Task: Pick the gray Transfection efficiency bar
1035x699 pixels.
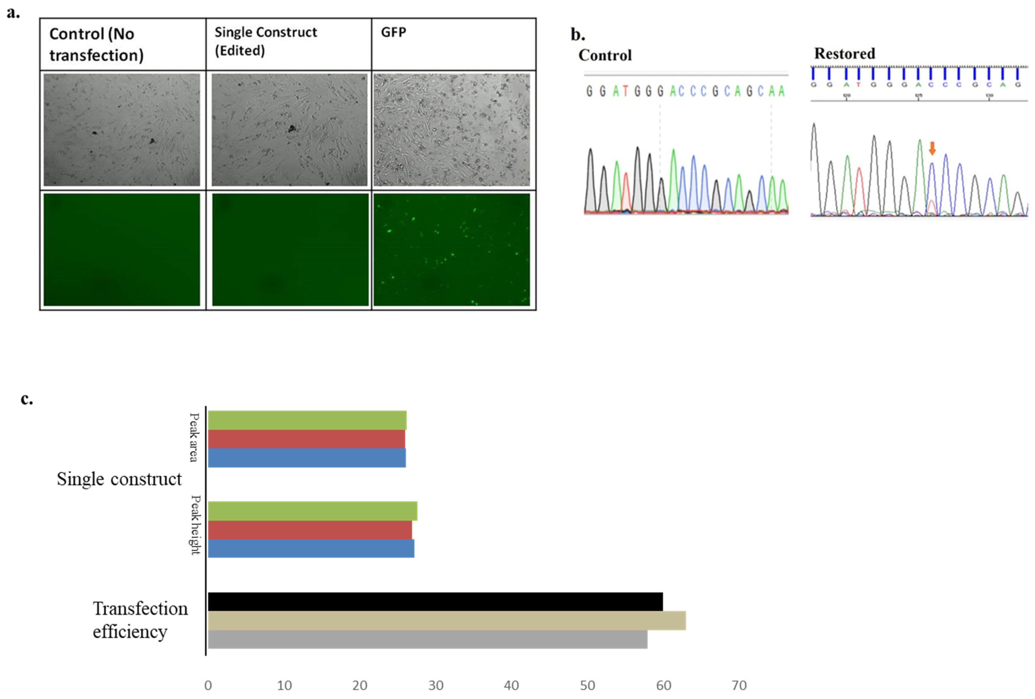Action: [427, 639]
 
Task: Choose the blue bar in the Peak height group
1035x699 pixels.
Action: [310, 548]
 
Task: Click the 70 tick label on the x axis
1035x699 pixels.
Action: [739, 685]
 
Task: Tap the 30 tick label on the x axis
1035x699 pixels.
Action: [435, 685]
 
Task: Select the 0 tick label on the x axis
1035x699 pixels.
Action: [208, 685]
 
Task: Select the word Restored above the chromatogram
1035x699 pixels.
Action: [844, 53]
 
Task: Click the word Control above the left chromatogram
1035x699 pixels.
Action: [605, 55]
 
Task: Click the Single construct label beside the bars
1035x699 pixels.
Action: [119, 479]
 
